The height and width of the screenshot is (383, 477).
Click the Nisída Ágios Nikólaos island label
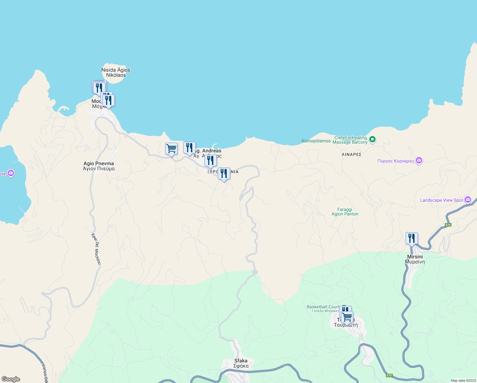coord(116,72)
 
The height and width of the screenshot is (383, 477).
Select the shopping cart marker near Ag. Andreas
coord(171,149)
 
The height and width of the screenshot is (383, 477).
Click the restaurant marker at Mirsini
coord(412,238)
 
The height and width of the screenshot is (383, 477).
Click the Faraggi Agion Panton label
coord(345,212)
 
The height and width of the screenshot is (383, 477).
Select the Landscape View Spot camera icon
coord(468,200)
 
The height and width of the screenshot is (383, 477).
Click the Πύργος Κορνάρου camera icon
coord(419,161)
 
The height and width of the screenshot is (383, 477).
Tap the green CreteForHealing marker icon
coord(372,139)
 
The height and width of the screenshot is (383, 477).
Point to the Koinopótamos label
coord(316,141)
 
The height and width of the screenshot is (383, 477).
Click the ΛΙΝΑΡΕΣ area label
coord(351,154)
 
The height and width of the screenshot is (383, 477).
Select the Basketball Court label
coord(323,307)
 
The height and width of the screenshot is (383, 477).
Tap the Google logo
coord(11,379)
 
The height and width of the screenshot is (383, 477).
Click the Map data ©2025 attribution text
coord(463,380)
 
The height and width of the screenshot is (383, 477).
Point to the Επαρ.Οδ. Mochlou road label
coord(96,249)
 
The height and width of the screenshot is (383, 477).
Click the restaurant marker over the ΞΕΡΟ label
coord(224,174)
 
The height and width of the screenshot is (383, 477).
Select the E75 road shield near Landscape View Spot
coord(448,225)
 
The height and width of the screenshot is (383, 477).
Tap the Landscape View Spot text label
coord(441,200)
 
